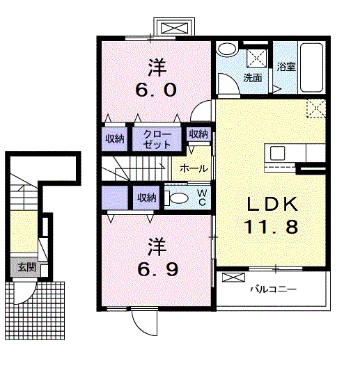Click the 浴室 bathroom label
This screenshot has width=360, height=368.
[x=286, y=67]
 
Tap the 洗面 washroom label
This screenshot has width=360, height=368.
[x=253, y=78]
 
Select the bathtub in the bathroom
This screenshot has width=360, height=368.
[x=311, y=67]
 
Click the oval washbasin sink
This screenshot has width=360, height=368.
[x=227, y=49]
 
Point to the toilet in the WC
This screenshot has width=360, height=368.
[x=177, y=198]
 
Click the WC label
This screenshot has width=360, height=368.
[x=202, y=198]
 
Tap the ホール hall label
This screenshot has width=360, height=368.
[x=194, y=168]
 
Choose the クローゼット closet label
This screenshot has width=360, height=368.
[x=157, y=139]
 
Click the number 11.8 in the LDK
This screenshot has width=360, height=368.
[x=272, y=227]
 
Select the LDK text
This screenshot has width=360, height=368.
[x=272, y=204]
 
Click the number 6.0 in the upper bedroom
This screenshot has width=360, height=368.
[x=156, y=90]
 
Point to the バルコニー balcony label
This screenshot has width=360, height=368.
[x=273, y=289]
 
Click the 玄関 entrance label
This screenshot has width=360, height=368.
[x=27, y=267]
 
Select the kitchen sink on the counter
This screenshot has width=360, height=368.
[x=277, y=153]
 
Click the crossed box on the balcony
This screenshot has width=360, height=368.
[x=233, y=278]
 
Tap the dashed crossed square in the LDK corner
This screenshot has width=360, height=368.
[x=316, y=109]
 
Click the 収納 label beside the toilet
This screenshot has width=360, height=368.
[x=147, y=198]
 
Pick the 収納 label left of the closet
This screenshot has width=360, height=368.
[x=114, y=139]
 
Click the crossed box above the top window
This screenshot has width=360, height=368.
[x=174, y=28]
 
